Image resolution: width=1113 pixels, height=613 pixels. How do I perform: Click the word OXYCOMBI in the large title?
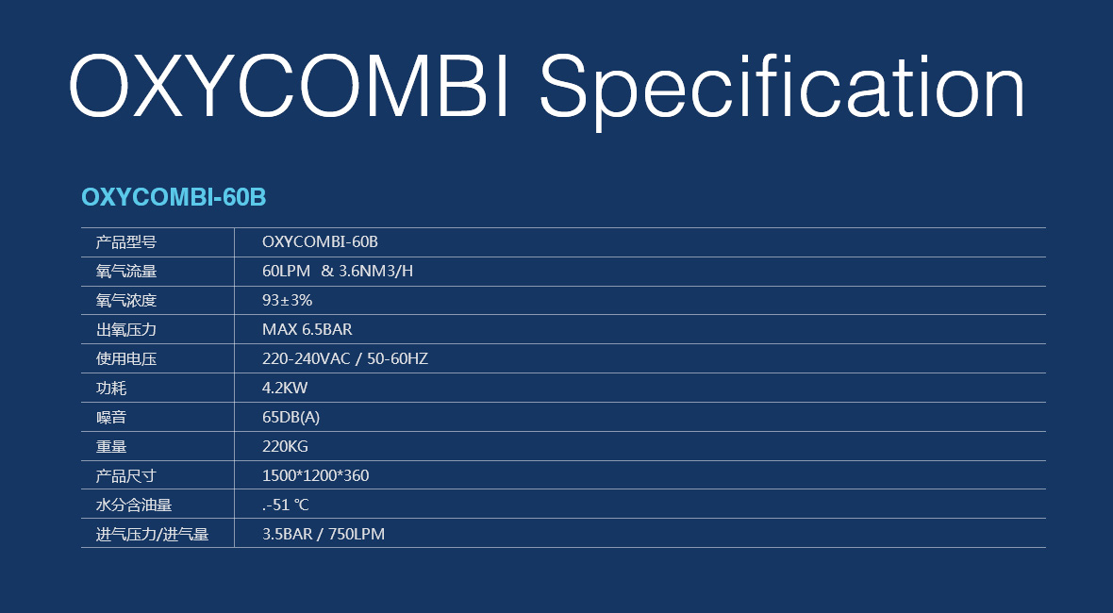pos(290,86)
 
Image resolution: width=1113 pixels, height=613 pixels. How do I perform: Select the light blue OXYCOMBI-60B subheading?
pos(174,197)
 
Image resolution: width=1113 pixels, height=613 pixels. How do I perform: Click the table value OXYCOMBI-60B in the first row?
pos(320,242)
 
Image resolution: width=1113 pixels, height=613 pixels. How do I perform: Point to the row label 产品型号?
pos(126,242)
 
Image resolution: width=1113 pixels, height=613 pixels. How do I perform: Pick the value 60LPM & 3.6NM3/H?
pos(338,271)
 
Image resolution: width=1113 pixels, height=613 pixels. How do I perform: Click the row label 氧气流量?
pos(126,271)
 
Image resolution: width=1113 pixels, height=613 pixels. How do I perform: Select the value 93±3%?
pos(288,300)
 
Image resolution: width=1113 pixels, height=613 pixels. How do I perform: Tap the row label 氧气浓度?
pos(126,300)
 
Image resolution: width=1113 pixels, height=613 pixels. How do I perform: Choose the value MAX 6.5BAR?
pos(307,329)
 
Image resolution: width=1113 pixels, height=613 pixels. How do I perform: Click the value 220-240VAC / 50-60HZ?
pos(345,359)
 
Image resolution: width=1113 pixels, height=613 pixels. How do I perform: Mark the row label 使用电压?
pos(126,359)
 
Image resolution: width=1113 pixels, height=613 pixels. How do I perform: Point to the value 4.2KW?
pos(286,389)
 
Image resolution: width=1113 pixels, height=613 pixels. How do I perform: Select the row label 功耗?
pos(111,389)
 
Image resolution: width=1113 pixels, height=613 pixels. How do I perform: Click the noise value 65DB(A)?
pos(291,417)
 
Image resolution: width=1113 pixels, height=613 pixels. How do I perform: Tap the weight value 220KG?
pos(286,446)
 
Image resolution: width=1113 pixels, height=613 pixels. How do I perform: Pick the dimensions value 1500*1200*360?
pos(316,475)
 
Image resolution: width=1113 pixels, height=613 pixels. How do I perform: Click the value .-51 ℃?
pos(286,505)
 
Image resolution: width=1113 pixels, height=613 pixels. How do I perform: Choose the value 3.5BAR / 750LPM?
pos(324,534)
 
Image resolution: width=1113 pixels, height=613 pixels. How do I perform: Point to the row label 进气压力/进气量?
pos(153,534)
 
